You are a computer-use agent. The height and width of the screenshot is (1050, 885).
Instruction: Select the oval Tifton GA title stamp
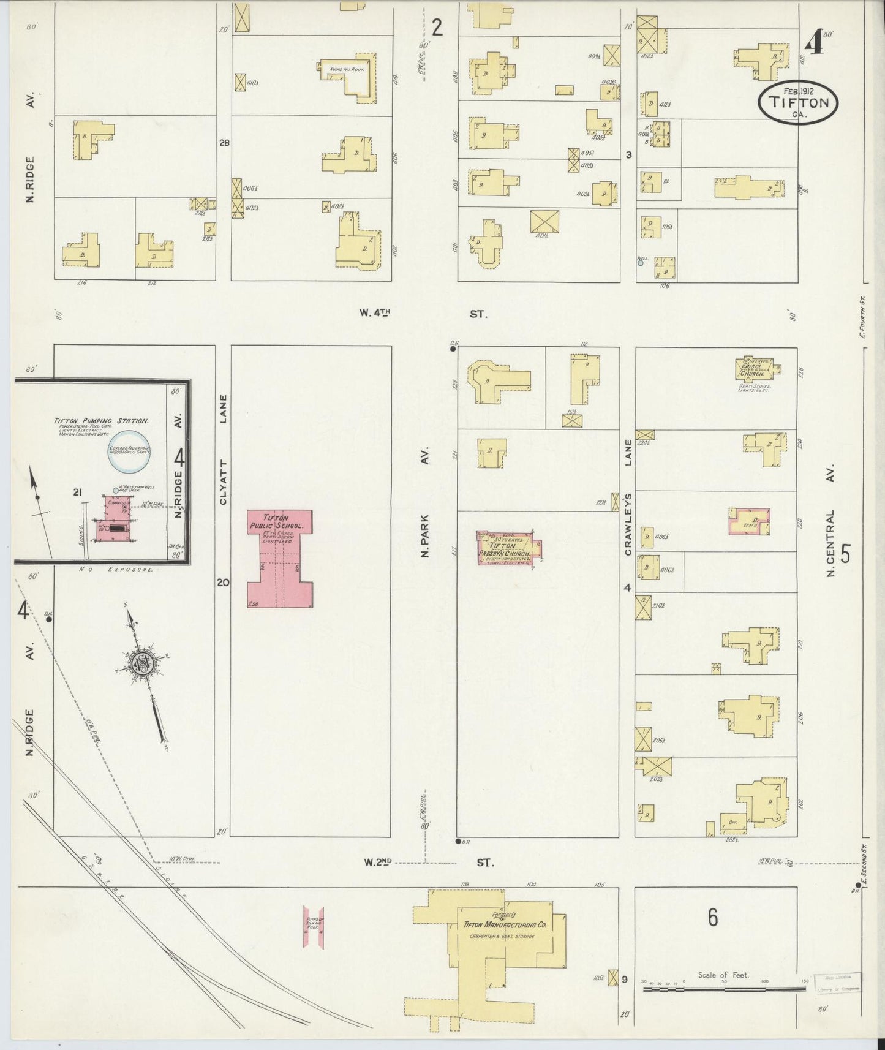(797, 102)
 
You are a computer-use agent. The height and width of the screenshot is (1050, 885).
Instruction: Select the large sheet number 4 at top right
(813, 42)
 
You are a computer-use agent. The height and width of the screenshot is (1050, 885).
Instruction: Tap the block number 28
(225, 143)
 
